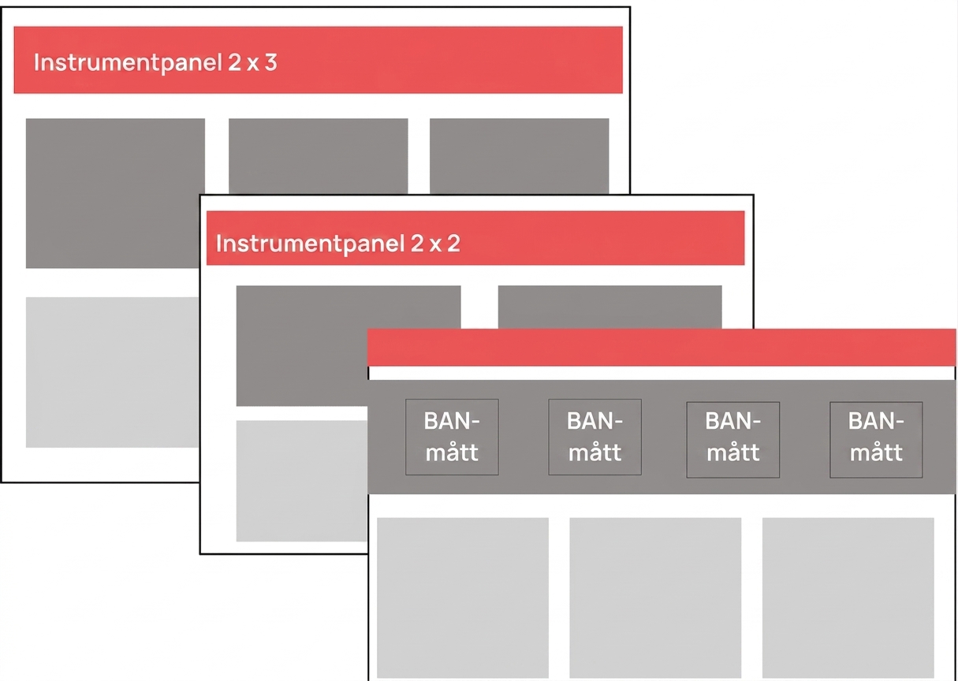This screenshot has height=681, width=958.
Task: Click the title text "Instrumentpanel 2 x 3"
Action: click(155, 63)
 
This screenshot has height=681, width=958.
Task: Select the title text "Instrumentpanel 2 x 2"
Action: click(338, 244)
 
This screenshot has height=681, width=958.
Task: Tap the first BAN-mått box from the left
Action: click(452, 437)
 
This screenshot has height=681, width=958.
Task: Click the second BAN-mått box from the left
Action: click(595, 437)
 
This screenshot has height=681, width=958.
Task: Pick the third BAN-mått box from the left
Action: click(733, 440)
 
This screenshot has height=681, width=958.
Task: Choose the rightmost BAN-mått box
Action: click(876, 440)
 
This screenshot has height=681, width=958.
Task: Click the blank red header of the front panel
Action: click(662, 347)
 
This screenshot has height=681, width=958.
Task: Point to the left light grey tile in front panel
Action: click(463, 597)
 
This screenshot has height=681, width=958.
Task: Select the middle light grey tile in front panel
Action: click(655, 597)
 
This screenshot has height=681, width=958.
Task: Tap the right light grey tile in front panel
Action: click(848, 597)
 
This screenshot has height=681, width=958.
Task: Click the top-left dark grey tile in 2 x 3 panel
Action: click(114, 193)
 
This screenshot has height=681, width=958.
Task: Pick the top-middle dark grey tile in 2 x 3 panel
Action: click(319, 156)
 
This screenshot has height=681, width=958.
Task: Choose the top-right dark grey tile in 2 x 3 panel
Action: click(519, 156)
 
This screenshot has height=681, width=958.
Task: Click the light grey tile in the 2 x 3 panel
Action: click(112, 372)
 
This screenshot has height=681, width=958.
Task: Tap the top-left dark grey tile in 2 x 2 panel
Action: click(301, 345)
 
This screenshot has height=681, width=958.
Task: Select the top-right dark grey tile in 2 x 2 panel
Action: click(609, 307)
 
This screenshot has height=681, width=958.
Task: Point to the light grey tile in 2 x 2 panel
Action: click(301, 481)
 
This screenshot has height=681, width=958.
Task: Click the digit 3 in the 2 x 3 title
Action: click(270, 62)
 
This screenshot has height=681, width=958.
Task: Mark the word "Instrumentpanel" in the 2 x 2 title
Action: click(311, 244)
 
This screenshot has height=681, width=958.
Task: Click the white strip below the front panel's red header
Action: click(662, 373)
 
